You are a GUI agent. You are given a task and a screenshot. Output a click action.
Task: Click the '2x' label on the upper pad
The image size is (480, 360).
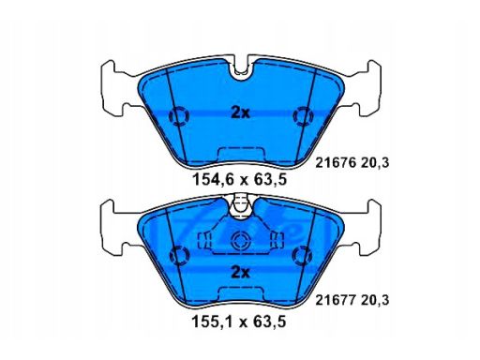[x=240, y=112]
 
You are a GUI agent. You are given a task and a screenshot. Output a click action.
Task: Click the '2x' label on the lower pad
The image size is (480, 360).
[x=240, y=273]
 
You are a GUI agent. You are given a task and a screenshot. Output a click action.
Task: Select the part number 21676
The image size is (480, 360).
[x=336, y=163]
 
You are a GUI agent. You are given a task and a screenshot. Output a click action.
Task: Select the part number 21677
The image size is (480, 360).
[x=336, y=300]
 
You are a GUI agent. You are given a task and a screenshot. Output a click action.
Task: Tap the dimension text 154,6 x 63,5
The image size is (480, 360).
[x=240, y=180]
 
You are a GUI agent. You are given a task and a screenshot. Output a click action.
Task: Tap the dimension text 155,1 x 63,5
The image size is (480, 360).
[x=239, y=322]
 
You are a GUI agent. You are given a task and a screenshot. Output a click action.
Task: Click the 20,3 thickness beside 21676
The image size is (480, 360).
[x=375, y=163]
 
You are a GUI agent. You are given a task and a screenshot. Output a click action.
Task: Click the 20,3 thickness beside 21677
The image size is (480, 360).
[x=375, y=301]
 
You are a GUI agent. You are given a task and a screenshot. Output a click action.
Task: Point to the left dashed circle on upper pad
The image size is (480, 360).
[x=179, y=116]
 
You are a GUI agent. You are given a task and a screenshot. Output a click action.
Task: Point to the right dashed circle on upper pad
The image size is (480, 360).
[x=303, y=116]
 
